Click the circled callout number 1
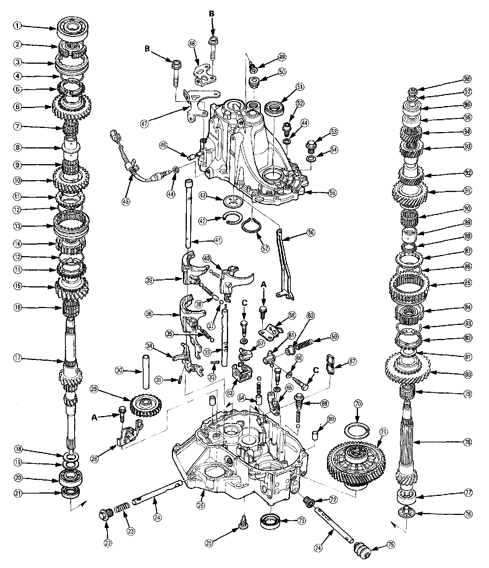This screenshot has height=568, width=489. click(x=17, y=26)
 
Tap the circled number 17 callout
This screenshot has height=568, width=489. click(x=17, y=358)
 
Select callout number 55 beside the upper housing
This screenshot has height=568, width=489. click(x=332, y=193)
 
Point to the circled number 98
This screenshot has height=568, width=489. click(x=467, y=79)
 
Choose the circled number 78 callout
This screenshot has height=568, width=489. click(x=467, y=442)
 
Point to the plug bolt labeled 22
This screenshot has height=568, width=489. click(x=106, y=515)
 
